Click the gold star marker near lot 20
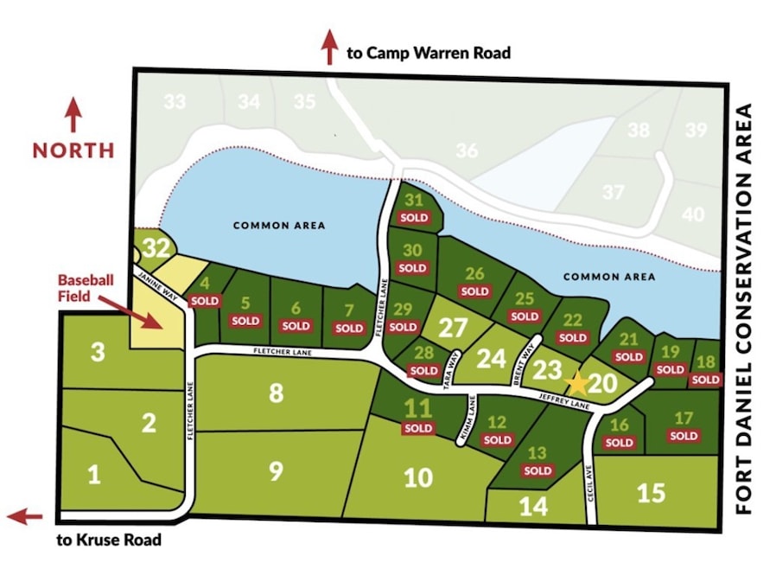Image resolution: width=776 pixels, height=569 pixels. (576, 381)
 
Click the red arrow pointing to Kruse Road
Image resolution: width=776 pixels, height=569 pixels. (25, 517)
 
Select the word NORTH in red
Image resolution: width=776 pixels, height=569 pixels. (73, 150)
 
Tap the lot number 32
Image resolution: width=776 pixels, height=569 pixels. (156, 248)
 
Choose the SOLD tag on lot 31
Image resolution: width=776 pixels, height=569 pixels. (414, 217)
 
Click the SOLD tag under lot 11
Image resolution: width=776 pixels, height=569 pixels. (418, 428)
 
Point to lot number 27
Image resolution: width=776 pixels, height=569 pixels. (453, 328)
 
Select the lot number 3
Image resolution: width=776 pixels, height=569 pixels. (98, 352)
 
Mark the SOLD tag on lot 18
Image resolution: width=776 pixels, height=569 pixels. (705, 380)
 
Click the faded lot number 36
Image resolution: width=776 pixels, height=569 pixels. (467, 150)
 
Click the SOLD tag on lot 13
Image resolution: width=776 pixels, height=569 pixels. (537, 471)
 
